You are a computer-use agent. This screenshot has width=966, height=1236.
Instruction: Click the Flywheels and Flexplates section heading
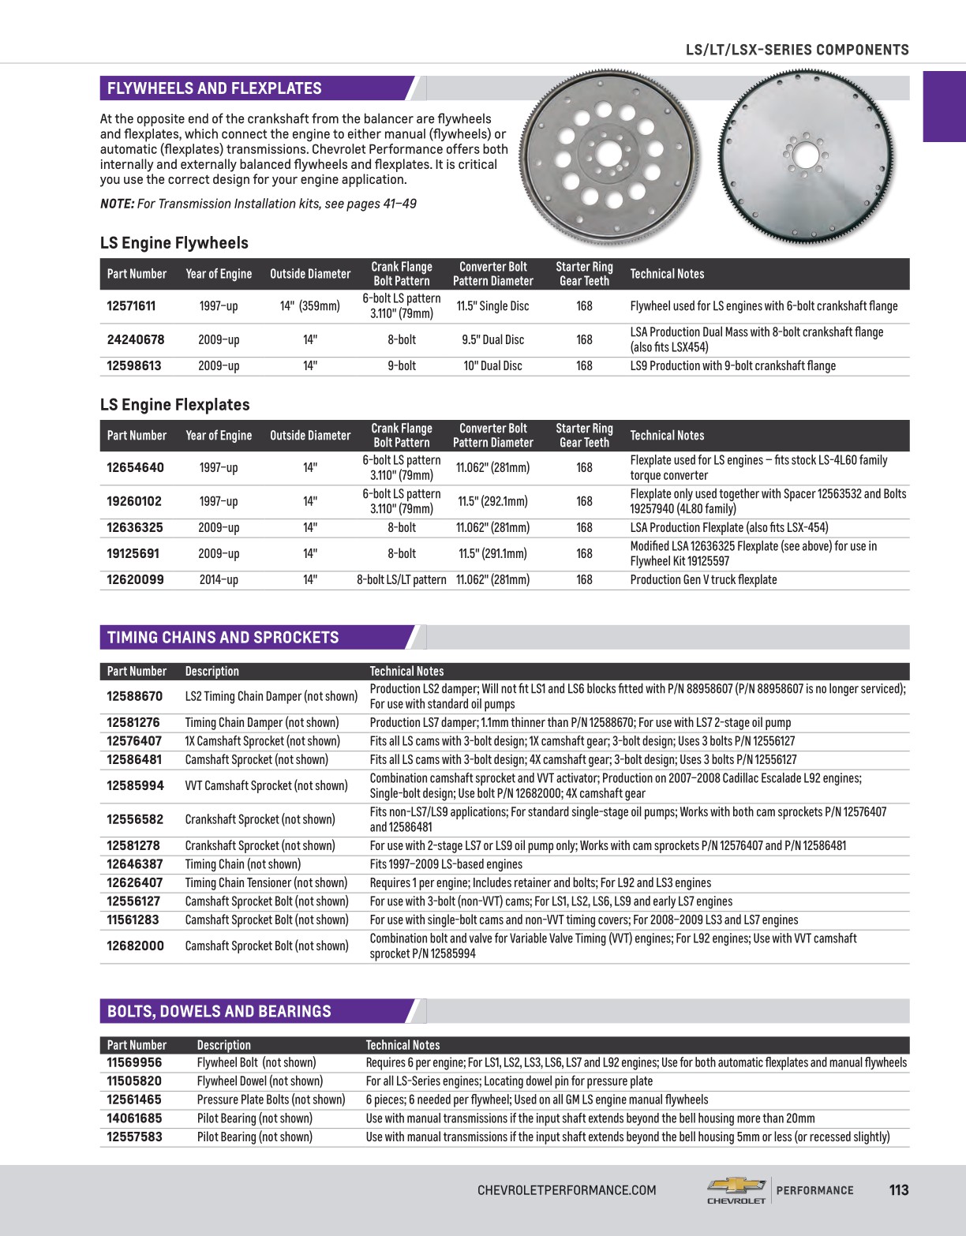tap(214, 88)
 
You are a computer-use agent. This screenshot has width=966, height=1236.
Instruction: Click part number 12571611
tap(131, 306)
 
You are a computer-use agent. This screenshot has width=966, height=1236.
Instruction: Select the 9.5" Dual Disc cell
tap(492, 340)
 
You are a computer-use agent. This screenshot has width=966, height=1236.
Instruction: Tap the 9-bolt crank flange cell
tap(401, 366)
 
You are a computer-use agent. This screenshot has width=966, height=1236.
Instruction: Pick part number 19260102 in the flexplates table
tap(134, 501)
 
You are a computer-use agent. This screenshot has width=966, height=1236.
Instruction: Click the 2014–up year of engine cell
tap(219, 580)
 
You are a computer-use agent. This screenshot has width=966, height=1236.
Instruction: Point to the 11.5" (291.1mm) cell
tap(492, 554)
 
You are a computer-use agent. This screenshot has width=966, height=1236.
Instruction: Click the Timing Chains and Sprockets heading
tap(223, 638)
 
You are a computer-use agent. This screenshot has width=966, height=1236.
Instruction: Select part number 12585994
tap(135, 786)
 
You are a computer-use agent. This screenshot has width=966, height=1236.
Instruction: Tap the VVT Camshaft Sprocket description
tap(266, 786)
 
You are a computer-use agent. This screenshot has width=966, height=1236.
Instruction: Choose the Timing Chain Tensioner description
tap(266, 883)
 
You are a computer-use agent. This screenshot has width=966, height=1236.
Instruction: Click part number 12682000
tap(135, 946)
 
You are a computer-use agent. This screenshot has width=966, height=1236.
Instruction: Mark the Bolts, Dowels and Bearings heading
tap(219, 1012)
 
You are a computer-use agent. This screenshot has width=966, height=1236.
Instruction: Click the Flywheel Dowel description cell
tap(260, 1081)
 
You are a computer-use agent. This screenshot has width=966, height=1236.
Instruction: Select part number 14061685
tap(134, 1118)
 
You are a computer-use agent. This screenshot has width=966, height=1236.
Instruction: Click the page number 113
tap(898, 1190)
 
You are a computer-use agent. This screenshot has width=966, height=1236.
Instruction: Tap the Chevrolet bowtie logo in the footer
tap(736, 1186)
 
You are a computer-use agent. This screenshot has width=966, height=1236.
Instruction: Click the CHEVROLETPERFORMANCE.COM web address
tap(567, 1190)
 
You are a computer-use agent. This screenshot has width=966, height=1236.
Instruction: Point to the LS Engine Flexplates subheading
tap(174, 405)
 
